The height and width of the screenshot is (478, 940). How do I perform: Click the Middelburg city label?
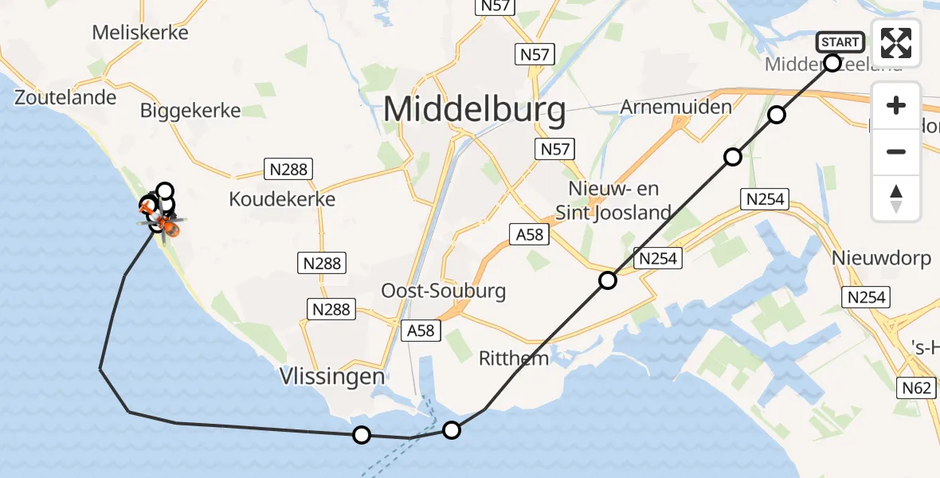pyautogui.click(x=475, y=109)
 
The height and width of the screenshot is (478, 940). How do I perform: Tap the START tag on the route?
pyautogui.click(x=840, y=42)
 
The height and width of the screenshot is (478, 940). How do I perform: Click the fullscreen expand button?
pyautogui.click(x=896, y=43)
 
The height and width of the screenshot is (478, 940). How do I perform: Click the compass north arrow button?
pyautogui.click(x=896, y=198)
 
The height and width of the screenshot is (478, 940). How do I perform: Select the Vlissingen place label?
pyautogui.click(x=332, y=375)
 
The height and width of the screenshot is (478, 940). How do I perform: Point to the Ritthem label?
pyautogui.click(x=514, y=358)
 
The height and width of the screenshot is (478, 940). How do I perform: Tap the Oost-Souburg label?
pyautogui.click(x=444, y=291)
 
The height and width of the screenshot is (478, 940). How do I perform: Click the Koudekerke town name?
pyautogui.click(x=282, y=199)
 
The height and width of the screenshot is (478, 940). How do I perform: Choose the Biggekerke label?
pyautogui.click(x=190, y=110)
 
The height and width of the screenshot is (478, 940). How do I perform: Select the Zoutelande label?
pyautogui.click(x=65, y=97)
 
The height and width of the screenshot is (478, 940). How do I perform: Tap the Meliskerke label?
pyautogui.click(x=140, y=33)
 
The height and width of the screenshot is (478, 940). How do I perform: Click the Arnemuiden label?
pyautogui.click(x=664, y=107)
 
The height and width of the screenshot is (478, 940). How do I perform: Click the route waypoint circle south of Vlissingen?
pyautogui.click(x=362, y=434)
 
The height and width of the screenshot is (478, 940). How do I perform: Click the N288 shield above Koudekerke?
pyautogui.click(x=288, y=169)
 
